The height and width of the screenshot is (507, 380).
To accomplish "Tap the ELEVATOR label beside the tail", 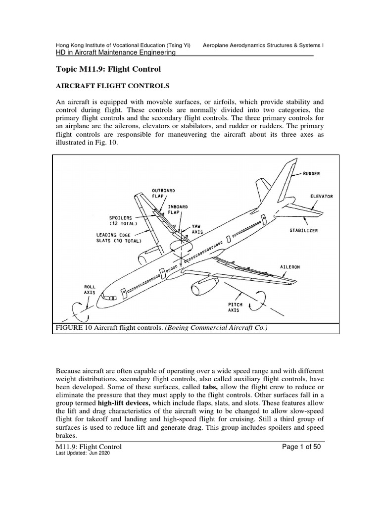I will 322,196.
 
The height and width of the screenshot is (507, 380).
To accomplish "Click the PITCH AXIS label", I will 234,307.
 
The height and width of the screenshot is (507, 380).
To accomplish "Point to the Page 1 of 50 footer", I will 303,447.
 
